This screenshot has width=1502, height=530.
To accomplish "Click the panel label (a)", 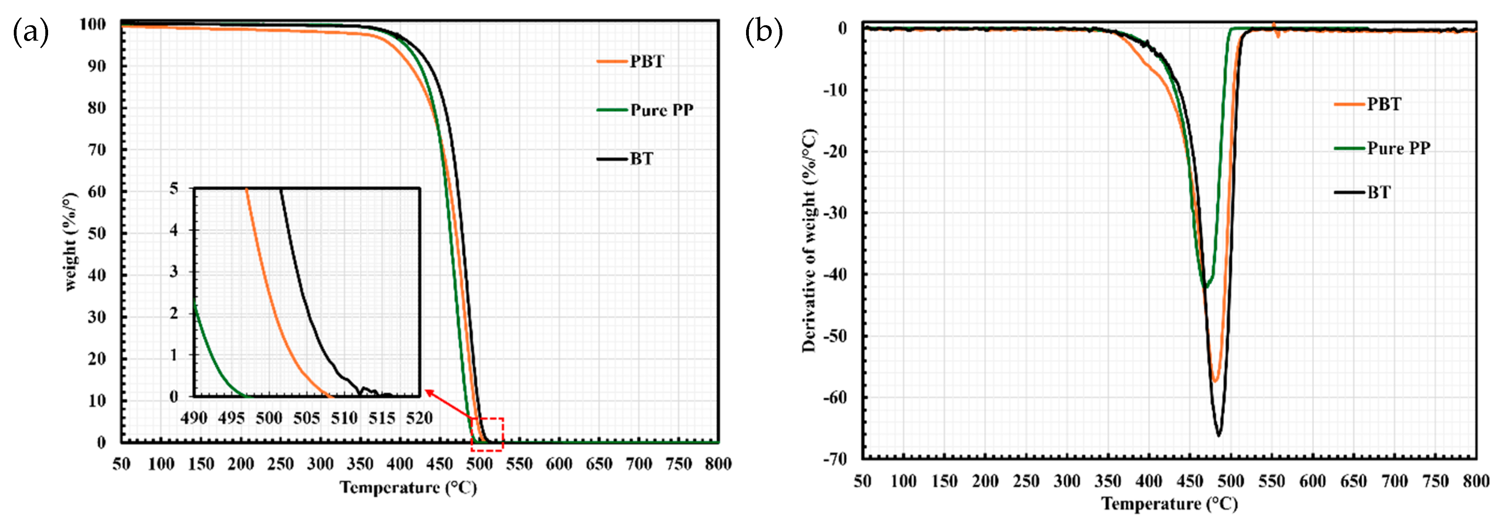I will (x=30, y=32).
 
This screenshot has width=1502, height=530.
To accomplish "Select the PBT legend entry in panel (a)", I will (x=646, y=61).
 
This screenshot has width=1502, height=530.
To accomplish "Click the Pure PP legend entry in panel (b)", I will (x=1398, y=148).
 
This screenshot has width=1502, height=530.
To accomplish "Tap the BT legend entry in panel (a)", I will (x=641, y=159).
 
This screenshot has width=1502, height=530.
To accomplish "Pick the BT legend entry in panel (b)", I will (x=1379, y=192).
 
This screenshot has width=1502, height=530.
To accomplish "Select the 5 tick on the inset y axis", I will (x=174, y=189).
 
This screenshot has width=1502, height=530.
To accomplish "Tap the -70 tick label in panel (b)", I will (x=834, y=459).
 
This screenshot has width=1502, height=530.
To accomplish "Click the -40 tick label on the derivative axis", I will (x=834, y=274).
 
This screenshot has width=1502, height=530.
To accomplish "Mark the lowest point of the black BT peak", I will (x=1218, y=435).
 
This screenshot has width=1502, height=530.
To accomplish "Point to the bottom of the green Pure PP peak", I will (x=1205, y=287).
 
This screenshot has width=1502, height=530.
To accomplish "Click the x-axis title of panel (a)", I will (x=408, y=487).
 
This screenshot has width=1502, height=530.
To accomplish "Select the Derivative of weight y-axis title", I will (x=809, y=240).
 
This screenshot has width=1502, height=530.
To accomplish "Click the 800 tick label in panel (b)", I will (x=1476, y=481).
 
